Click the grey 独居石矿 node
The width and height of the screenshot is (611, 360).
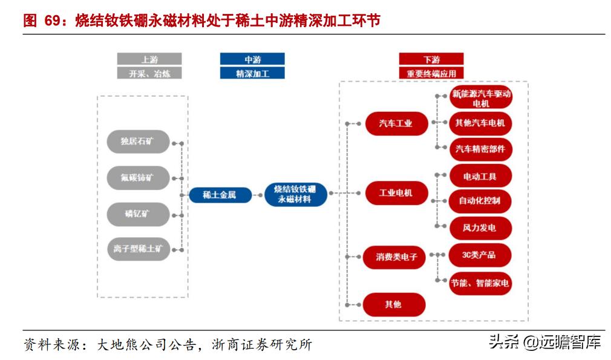[137, 142]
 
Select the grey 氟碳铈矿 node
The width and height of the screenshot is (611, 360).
[137, 178]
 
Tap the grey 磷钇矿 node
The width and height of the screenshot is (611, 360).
[137, 214]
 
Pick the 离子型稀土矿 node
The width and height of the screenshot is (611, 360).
[138, 249]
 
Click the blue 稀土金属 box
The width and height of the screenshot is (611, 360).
[220, 195]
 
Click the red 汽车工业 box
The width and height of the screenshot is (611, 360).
[396, 123]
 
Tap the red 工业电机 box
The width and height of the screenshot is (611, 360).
[396, 193]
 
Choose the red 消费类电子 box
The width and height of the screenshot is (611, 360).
[396, 257]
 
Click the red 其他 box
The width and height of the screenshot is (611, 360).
[394, 304]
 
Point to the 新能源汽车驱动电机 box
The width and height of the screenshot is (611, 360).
[481, 98]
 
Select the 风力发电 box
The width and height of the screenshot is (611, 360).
[480, 228]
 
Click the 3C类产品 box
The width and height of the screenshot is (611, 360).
[480, 255]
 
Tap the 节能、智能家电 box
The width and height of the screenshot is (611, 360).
[480, 283]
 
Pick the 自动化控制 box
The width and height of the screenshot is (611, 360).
[480, 201]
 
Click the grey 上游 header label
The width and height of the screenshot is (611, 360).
[149, 59]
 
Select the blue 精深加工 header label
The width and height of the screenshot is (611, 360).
[252, 73]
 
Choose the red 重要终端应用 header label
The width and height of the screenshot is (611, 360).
[431, 73]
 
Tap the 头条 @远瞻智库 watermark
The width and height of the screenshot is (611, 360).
[544, 342]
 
